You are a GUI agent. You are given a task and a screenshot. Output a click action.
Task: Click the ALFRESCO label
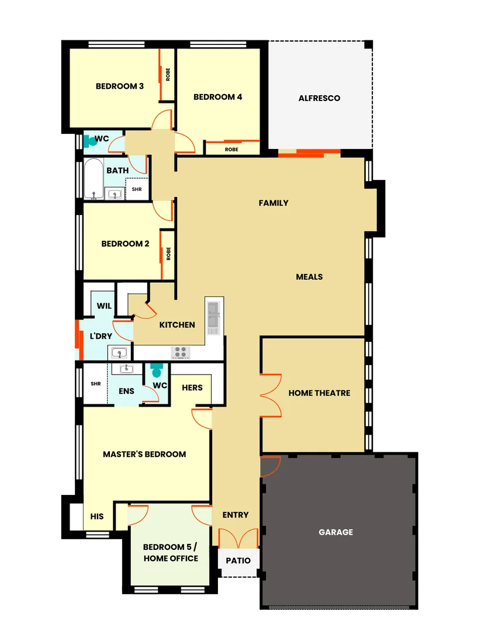(319, 98)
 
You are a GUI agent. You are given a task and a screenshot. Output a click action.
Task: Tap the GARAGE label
(335, 532)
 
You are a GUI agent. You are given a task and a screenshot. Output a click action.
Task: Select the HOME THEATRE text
(319, 393)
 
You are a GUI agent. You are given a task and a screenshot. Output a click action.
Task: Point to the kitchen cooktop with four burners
(180, 352)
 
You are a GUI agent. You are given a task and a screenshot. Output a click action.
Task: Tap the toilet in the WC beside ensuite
(157, 371)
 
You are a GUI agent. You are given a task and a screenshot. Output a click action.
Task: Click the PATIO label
(238, 561)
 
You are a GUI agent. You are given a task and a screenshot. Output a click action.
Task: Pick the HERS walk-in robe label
(192, 387)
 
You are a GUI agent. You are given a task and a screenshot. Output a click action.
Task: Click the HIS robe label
(97, 516)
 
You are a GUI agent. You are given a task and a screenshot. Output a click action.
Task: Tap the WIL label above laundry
(104, 306)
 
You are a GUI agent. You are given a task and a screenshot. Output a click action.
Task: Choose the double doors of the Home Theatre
(271, 394)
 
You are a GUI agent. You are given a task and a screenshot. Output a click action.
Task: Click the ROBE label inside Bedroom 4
(231, 149)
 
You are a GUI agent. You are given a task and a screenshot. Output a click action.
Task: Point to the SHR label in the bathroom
(136, 189)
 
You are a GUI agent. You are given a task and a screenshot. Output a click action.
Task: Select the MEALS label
(309, 276)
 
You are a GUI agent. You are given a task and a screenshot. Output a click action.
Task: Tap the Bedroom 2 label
(125, 244)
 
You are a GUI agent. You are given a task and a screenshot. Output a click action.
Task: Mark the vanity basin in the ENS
(126, 369)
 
